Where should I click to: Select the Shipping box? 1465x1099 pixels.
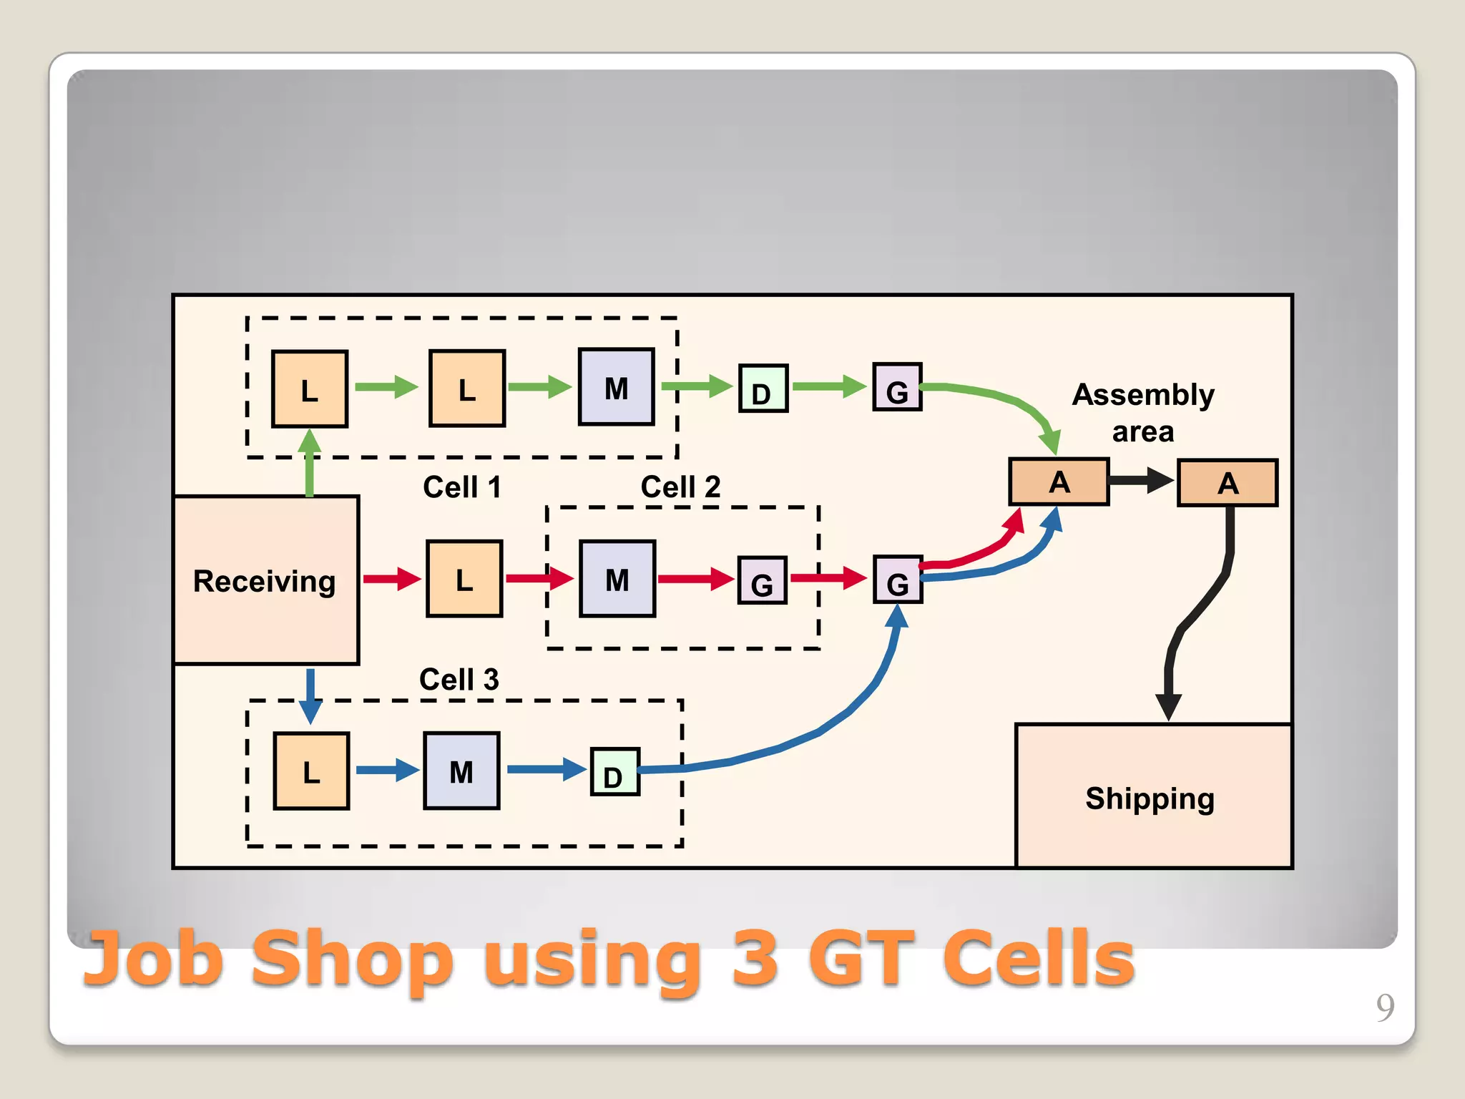pyautogui.click(x=1152, y=797)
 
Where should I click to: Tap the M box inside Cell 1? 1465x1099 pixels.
pyautogui.click(x=616, y=387)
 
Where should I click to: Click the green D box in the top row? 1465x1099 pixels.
pyautogui.click(x=763, y=389)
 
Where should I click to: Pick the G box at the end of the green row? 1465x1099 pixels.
pyautogui.click(x=897, y=387)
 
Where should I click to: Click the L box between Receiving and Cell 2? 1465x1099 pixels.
pyautogui.click(x=464, y=579)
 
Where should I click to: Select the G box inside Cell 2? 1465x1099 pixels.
pyautogui.click(x=763, y=580)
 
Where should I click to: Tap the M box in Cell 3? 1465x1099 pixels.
pyautogui.click(x=461, y=771)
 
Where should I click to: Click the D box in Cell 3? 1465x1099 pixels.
pyautogui.click(x=614, y=772)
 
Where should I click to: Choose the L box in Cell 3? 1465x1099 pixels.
pyautogui.click(x=311, y=771)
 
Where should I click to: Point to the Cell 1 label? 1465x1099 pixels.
pyautogui.click(x=462, y=487)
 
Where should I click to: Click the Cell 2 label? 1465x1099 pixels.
pyautogui.click(x=680, y=487)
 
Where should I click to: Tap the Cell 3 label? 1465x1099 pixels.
pyautogui.click(x=459, y=679)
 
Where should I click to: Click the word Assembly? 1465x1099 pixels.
pyautogui.click(x=1143, y=395)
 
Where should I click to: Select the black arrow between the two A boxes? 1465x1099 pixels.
pyautogui.click(x=1142, y=480)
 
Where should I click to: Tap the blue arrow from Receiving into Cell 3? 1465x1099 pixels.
pyautogui.click(x=310, y=695)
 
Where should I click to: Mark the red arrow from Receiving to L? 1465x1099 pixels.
pyautogui.click(x=392, y=579)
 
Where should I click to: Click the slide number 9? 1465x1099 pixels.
pyautogui.click(x=1385, y=1007)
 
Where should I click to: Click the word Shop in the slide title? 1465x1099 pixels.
pyautogui.click(x=352, y=959)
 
